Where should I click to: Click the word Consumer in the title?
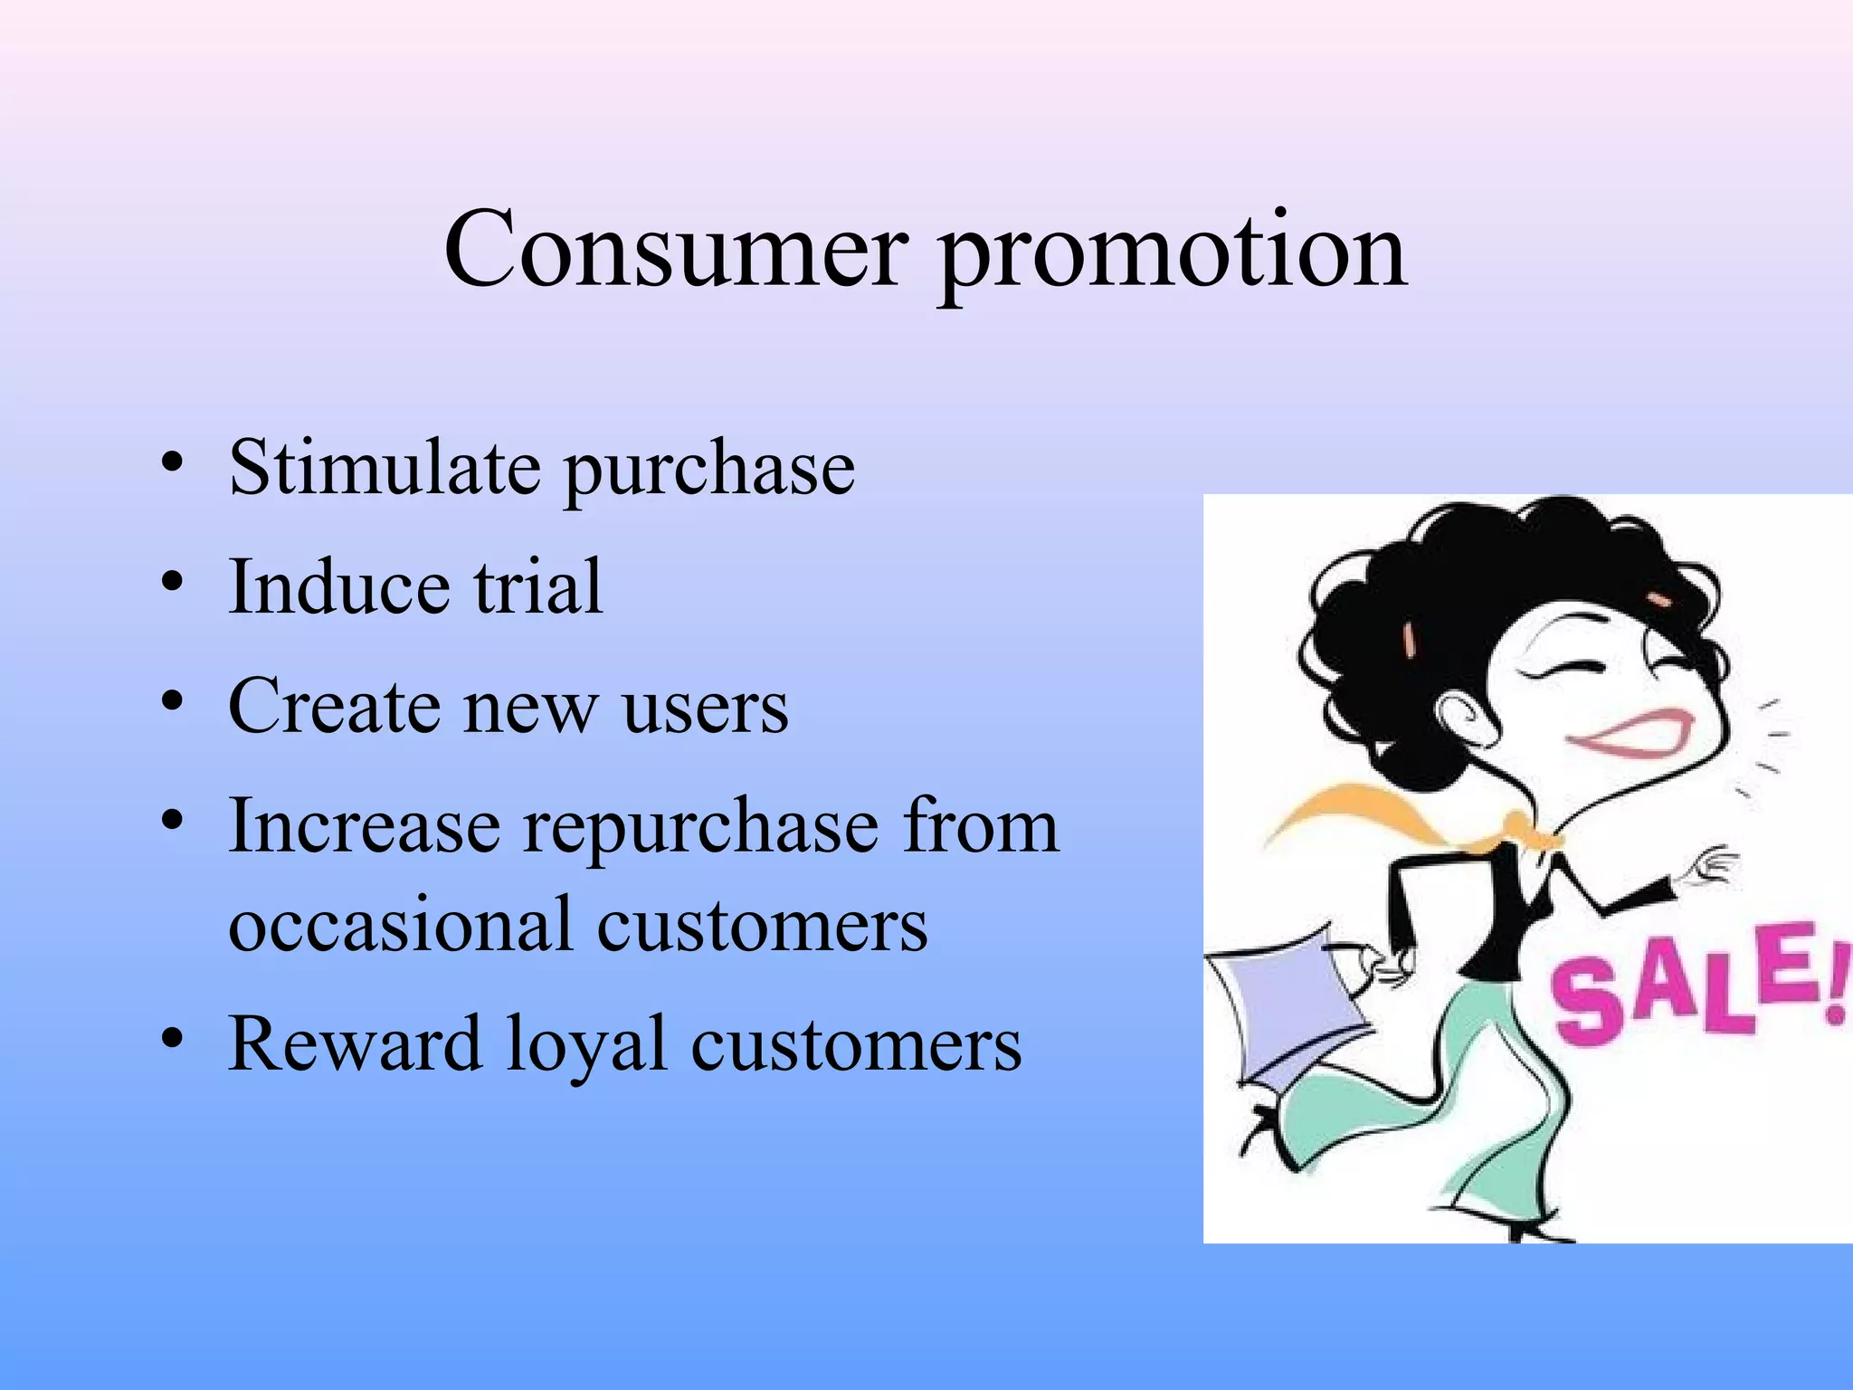click(x=675, y=249)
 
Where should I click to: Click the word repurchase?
click(x=701, y=828)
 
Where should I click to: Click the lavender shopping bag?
click(x=1285, y=1004)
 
